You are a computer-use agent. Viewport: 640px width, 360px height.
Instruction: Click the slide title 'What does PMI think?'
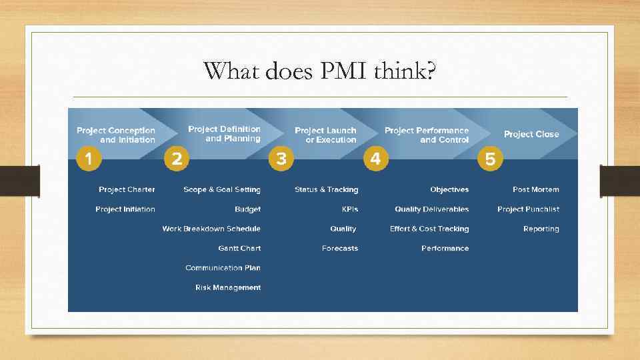click(320, 71)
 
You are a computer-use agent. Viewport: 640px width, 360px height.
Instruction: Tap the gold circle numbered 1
click(89, 159)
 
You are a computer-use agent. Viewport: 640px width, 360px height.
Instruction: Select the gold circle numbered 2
click(177, 159)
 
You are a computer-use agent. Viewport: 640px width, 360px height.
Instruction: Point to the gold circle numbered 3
click(281, 159)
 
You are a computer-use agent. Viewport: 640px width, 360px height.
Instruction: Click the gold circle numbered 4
click(375, 159)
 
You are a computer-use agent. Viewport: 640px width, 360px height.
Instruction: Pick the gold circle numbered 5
click(490, 159)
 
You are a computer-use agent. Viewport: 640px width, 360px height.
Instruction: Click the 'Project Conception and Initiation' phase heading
click(116, 135)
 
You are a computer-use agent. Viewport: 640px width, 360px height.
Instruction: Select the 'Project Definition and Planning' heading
click(225, 133)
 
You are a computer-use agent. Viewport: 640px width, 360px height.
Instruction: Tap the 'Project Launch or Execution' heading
click(325, 135)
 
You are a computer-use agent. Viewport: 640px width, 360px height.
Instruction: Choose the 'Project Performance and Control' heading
click(427, 135)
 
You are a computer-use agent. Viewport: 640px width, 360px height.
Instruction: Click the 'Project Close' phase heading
click(531, 134)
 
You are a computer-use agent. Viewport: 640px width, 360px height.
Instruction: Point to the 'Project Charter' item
click(127, 189)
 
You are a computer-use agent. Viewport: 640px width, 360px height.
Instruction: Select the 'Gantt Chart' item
click(239, 248)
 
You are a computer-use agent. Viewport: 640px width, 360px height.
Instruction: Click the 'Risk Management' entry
click(228, 287)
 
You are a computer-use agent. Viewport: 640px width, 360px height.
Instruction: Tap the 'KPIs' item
click(350, 209)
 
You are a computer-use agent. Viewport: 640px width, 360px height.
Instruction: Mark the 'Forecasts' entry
click(340, 248)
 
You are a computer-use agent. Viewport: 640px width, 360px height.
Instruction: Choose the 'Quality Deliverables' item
click(431, 209)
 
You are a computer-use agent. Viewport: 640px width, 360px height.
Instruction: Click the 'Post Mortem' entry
click(536, 189)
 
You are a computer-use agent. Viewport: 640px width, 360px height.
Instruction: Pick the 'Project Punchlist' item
click(528, 209)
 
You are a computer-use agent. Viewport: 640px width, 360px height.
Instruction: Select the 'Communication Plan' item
click(223, 268)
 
